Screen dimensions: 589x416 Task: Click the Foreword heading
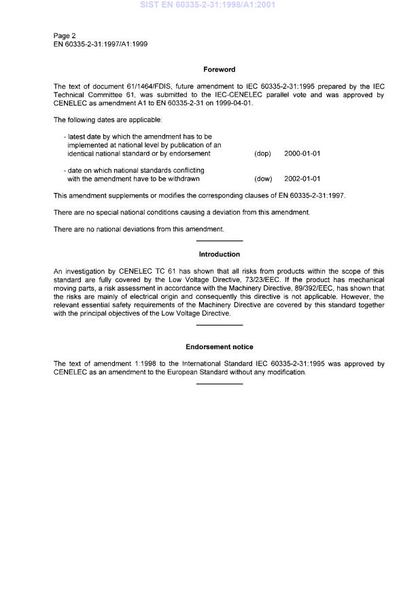point(219,69)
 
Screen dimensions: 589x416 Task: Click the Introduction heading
point(219,254)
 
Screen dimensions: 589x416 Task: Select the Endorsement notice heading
point(219,347)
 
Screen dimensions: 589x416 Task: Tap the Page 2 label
point(65,35)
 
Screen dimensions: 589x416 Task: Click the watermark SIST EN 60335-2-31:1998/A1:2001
point(207,5)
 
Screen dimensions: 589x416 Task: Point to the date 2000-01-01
point(302,154)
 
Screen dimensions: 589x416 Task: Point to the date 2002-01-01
point(302,179)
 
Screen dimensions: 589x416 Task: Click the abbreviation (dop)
point(262,154)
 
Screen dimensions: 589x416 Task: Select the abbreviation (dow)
point(263,179)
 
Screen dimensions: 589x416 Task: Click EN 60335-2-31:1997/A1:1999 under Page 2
point(101,43)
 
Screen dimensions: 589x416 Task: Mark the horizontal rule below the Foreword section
point(219,241)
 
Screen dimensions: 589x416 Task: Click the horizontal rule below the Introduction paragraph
point(219,325)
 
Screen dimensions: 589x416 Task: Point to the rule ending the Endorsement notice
point(219,385)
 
